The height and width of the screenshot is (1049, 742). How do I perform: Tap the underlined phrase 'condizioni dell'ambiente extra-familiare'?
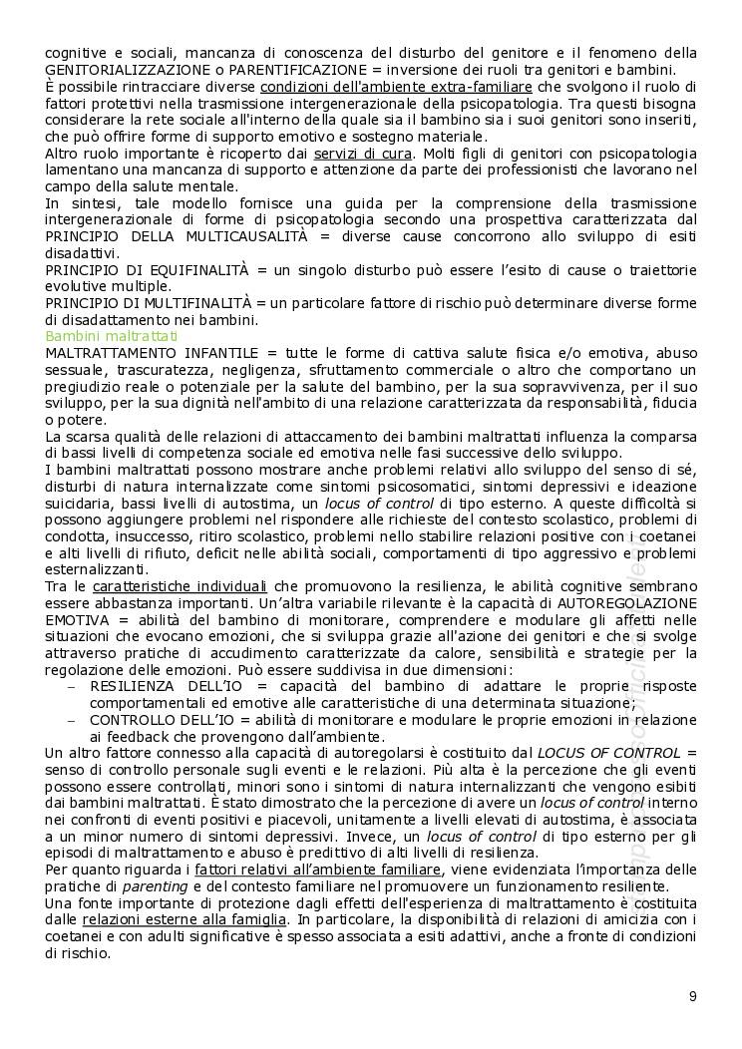pos(396,86)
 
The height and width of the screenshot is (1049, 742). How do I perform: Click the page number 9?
pos(692,995)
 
